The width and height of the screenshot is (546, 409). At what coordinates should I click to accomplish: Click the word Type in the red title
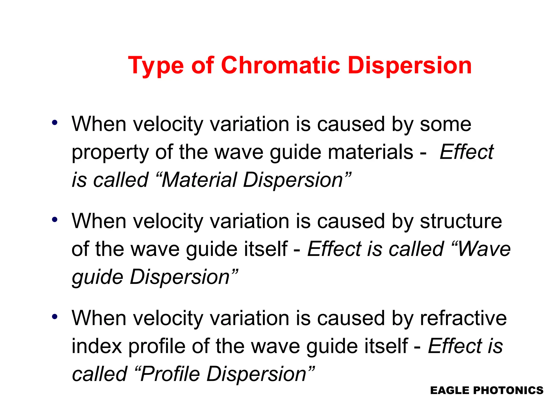coord(156,66)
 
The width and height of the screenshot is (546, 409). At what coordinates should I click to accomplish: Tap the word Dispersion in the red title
coord(410,66)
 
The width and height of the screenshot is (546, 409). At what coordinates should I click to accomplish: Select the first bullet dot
coord(55,123)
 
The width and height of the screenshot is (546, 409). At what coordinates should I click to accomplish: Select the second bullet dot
coord(55,220)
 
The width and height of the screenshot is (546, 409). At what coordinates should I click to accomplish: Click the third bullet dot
coord(55,317)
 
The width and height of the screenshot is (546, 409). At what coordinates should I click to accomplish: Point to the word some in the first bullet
coord(445,124)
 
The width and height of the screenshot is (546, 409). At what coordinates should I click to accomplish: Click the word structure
coord(461,221)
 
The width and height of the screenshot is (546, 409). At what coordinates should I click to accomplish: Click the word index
coord(97,346)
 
